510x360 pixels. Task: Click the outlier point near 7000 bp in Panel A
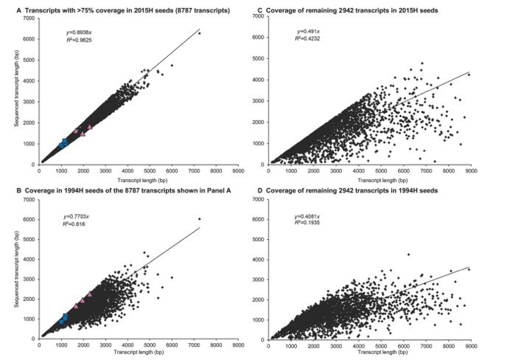pos(200,33)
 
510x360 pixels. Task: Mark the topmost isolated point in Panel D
pos(408,255)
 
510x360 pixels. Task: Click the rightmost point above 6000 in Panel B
pos(200,219)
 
